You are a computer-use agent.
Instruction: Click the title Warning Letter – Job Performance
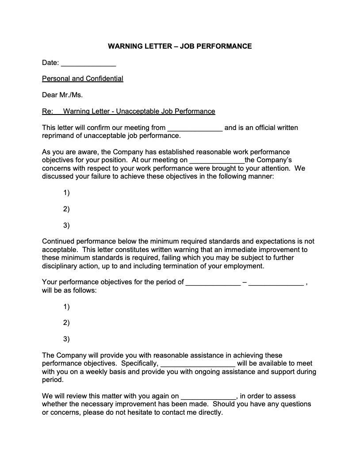pyautogui.click(x=180, y=46)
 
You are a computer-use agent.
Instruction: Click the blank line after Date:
pyautogui.click(x=88, y=63)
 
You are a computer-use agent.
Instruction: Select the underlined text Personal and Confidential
pyautogui.click(x=82, y=79)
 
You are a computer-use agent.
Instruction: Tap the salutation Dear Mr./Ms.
pyautogui.click(x=62, y=95)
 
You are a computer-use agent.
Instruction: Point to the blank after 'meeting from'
pyautogui.click(x=195, y=128)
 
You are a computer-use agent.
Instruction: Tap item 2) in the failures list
pyautogui.click(x=66, y=209)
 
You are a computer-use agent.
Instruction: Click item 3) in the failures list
pyautogui.click(x=66, y=225)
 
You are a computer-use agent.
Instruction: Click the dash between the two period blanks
pyautogui.click(x=245, y=282)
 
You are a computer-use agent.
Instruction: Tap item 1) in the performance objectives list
pyautogui.click(x=66, y=307)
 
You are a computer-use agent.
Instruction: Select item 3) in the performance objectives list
pyautogui.click(x=66, y=340)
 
